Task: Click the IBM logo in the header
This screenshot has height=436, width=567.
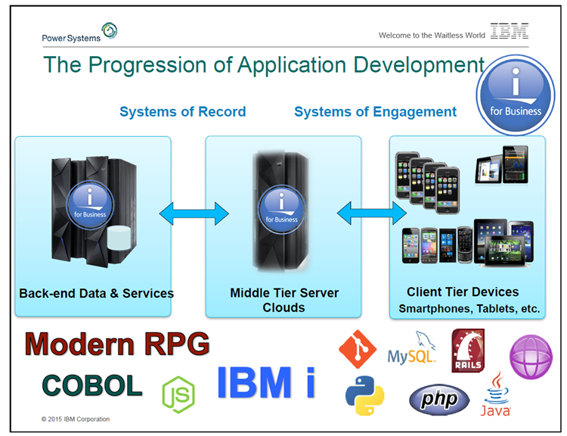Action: click(510, 31)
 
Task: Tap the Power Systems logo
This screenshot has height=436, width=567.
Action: click(79, 33)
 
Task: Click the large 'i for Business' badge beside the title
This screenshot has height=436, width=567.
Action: click(516, 95)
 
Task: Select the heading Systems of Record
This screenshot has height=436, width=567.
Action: click(183, 111)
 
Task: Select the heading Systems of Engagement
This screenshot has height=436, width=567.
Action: click(375, 112)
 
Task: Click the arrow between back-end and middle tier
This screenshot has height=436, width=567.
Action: click(194, 213)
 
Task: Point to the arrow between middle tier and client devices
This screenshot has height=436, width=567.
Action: click(371, 213)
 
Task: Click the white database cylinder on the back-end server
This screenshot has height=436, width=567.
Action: click(119, 238)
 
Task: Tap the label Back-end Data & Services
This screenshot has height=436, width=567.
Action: click(96, 293)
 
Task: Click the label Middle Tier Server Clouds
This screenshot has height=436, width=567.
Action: click(284, 300)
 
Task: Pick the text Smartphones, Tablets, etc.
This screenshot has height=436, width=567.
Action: click(469, 309)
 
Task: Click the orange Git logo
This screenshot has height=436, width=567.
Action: click(358, 349)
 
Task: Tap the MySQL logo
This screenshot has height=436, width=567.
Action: click(411, 348)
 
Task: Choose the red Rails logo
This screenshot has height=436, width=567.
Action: click(468, 350)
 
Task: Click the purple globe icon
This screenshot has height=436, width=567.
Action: click(531, 357)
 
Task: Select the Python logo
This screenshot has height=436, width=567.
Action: click(365, 395)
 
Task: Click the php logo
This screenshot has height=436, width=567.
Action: click(439, 400)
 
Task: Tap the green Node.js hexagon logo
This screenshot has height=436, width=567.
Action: click(178, 394)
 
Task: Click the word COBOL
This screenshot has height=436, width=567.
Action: click(92, 385)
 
